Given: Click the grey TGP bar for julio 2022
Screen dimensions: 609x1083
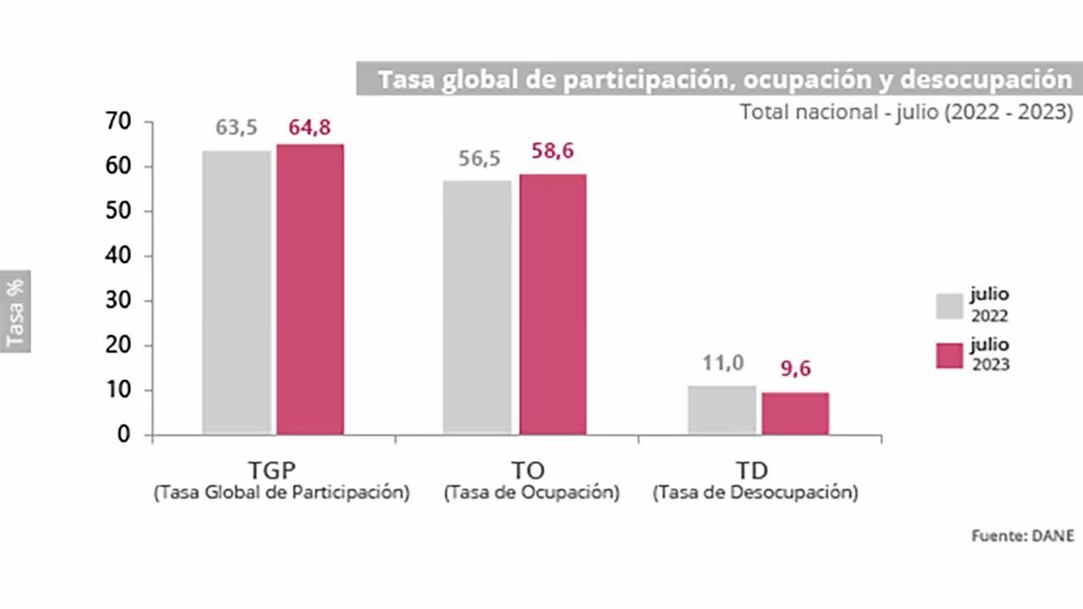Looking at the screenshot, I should (x=237, y=293).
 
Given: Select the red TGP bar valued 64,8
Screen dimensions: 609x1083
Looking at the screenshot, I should (x=310, y=289).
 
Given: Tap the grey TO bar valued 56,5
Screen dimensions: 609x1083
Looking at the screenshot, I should (x=477, y=308).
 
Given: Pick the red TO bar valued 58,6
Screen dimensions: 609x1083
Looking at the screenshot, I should (x=552, y=304).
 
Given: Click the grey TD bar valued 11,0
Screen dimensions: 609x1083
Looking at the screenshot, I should (x=722, y=410).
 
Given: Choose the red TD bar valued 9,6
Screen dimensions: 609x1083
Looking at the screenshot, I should (x=794, y=414).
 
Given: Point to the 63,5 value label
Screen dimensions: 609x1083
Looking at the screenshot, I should (x=236, y=128).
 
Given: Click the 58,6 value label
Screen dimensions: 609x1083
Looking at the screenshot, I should (x=552, y=151).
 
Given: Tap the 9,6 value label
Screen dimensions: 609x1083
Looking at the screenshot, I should (x=794, y=369).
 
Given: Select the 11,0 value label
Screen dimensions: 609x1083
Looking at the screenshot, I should (x=723, y=363).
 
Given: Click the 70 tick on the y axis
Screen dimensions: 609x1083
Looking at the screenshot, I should (x=119, y=122).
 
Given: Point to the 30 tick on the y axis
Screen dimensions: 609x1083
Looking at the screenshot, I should (x=119, y=301).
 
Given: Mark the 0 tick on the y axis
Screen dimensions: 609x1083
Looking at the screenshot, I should (x=124, y=435).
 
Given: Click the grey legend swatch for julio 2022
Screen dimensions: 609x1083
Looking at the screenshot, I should (x=949, y=306).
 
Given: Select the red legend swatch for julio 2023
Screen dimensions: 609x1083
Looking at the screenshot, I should (x=949, y=355).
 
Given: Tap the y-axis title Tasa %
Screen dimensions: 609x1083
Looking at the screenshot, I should (x=14, y=311).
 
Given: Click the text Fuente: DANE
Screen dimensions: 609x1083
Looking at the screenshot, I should (x=1022, y=535).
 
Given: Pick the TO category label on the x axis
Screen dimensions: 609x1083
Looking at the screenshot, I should (x=528, y=471).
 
